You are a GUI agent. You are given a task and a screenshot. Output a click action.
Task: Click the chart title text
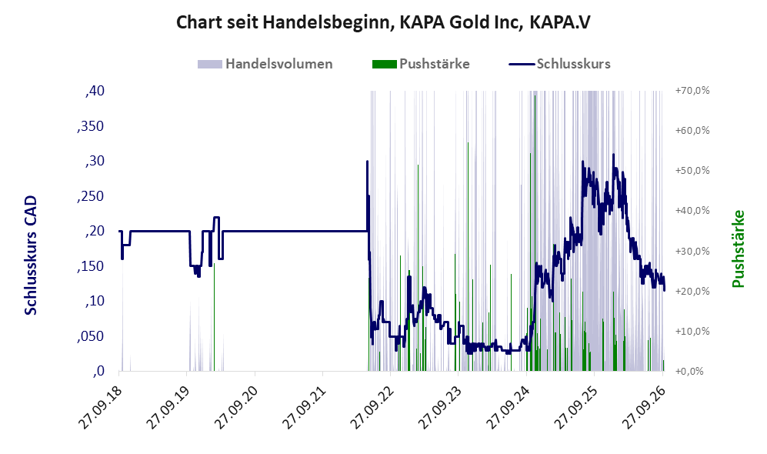(x=383, y=22)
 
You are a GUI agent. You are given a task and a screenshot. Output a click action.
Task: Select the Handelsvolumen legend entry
(x=265, y=64)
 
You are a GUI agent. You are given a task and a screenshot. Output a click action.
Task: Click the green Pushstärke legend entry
(x=421, y=64)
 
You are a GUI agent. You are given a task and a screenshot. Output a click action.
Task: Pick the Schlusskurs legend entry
(x=559, y=64)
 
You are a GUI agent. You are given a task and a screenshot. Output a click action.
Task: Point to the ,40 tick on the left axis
(x=95, y=91)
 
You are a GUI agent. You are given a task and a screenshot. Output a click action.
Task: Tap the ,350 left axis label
(x=91, y=125)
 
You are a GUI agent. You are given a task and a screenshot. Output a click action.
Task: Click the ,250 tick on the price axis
(x=91, y=195)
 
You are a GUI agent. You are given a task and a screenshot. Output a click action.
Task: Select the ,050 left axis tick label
(x=91, y=336)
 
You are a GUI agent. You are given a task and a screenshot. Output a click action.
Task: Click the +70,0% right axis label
(x=692, y=91)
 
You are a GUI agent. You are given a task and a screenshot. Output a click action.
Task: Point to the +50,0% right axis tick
(x=692, y=171)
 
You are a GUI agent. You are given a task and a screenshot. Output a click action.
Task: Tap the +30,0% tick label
(x=692, y=251)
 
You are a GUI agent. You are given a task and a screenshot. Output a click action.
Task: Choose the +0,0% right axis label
(x=690, y=372)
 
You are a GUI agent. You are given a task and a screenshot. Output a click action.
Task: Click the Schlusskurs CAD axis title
(x=31, y=255)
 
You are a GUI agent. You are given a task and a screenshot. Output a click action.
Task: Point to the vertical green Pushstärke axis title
(x=738, y=249)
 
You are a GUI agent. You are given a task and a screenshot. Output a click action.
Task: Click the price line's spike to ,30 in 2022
(x=368, y=161)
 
